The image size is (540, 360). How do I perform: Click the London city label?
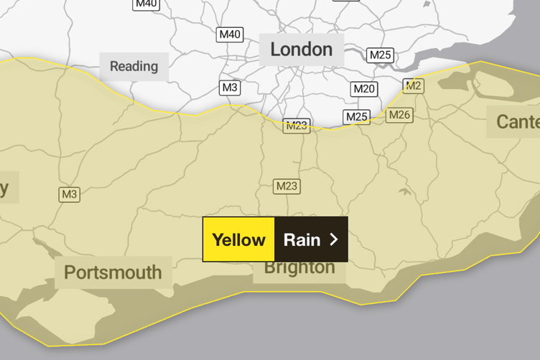click(301, 50)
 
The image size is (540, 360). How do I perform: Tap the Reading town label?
click(134, 66)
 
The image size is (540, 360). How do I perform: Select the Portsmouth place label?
click(113, 272)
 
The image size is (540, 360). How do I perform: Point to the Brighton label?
click(299, 268)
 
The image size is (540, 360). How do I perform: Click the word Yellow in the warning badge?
click(238, 239)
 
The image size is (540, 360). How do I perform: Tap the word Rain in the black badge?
click(302, 239)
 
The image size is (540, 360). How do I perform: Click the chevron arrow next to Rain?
click(333, 239)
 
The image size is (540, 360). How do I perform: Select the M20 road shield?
click(364, 88)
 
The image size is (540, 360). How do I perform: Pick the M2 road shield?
click(413, 86)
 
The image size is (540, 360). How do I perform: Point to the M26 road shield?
click(399, 114)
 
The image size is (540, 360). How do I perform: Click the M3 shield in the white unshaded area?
click(230, 88)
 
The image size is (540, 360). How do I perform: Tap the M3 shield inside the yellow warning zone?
click(69, 194)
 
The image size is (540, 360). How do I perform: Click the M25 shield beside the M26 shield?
click(356, 116)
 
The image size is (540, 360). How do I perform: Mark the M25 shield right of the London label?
click(380, 55)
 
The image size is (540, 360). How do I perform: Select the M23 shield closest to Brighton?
click(287, 187)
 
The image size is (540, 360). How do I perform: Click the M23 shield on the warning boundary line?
click(296, 126)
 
